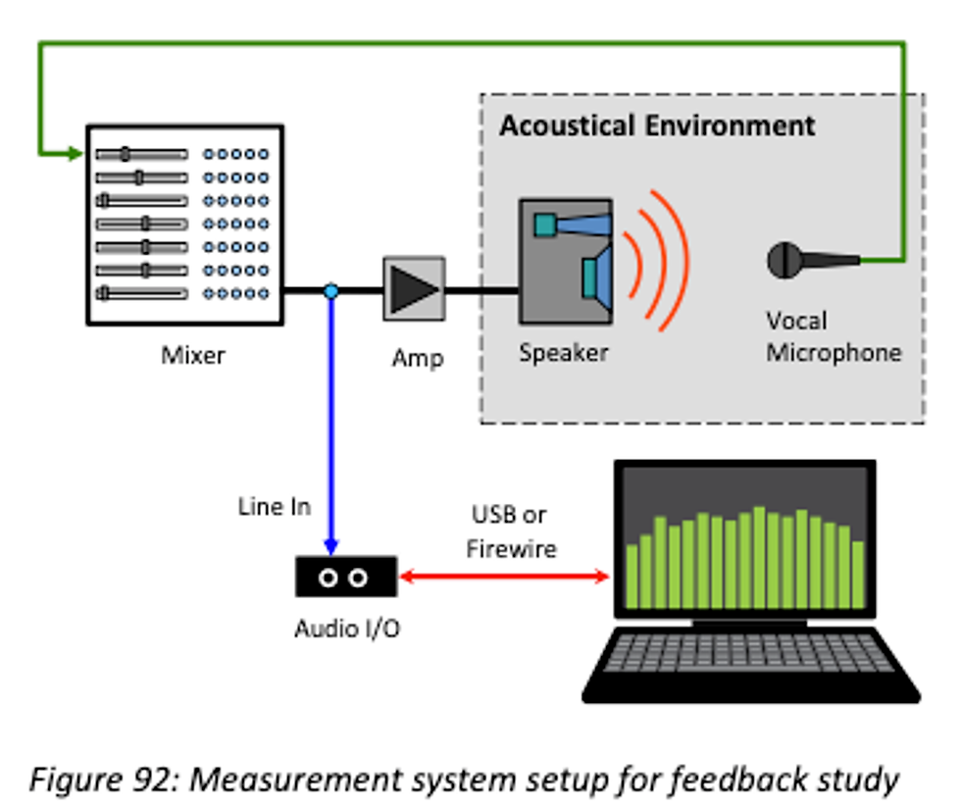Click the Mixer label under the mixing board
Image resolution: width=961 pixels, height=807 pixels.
click(x=192, y=355)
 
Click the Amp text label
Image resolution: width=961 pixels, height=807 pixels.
click(x=417, y=358)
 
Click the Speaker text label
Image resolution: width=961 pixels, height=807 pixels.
click(x=564, y=352)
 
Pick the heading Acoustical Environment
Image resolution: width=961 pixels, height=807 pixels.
click(x=657, y=126)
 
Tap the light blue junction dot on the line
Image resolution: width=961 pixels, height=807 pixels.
click(x=331, y=291)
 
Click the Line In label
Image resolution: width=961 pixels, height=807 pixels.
click(x=275, y=506)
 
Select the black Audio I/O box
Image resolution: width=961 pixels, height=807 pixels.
click(x=346, y=577)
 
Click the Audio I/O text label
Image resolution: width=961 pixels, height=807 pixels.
click(x=347, y=629)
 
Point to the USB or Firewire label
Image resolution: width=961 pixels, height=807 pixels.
click(x=510, y=531)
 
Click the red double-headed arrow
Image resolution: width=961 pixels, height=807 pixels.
click(x=505, y=578)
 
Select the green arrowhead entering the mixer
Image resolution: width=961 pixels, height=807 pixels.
click(x=76, y=154)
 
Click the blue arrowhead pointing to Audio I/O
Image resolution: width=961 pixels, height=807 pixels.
click(x=331, y=545)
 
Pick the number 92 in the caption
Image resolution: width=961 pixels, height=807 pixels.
click(x=151, y=781)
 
